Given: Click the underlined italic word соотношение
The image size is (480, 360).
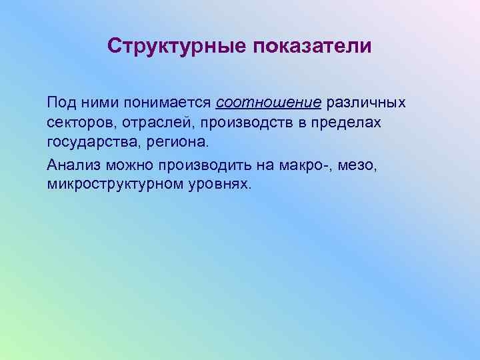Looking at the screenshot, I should [269, 104].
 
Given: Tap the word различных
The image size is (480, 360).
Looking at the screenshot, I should [366, 104].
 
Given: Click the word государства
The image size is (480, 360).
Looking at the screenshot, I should [88, 143].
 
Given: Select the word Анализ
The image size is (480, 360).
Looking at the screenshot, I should [69, 164].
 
